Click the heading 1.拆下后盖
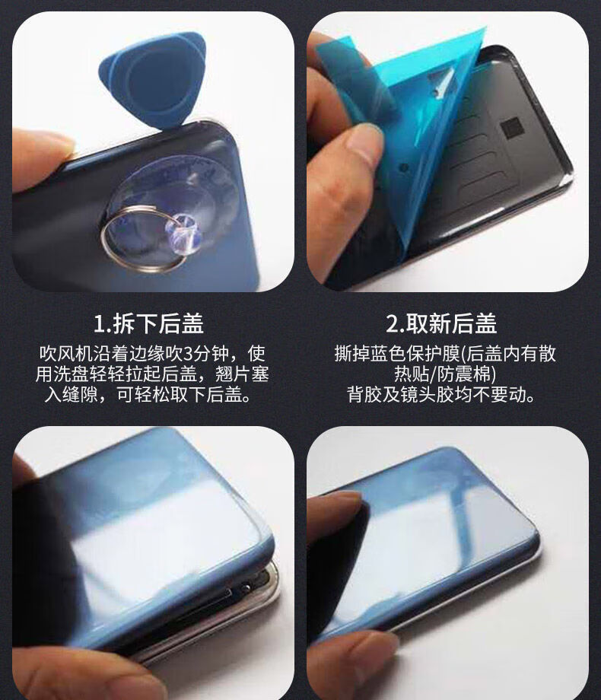pos(148,323)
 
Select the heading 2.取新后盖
pos(441,323)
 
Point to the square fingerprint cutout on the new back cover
pos(510,129)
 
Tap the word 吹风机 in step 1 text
pos(66,354)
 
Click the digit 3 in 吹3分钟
pos(188,354)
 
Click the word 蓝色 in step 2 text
pos(389,354)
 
